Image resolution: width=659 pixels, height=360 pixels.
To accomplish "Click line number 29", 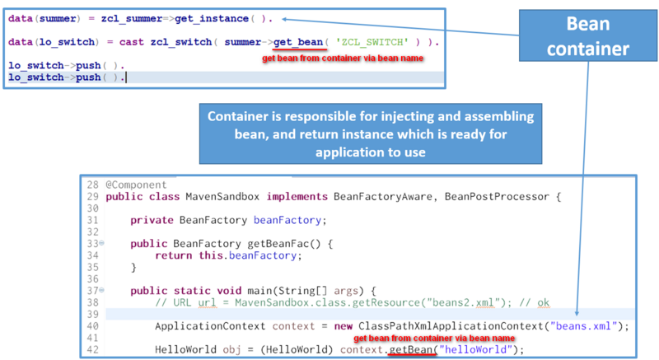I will pyautogui.click(x=92, y=197).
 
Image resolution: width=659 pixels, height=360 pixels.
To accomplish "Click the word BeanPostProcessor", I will pyautogui.click(x=494, y=197).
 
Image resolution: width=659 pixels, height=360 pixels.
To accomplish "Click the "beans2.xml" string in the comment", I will pyautogui.click(x=468, y=302).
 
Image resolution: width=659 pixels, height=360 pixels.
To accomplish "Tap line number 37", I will pyautogui.click(x=92, y=291).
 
